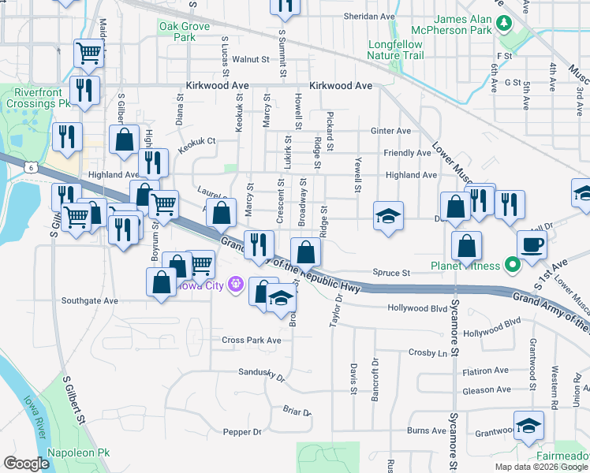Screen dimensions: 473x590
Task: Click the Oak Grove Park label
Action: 185,32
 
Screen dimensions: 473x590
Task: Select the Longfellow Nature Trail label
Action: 395,50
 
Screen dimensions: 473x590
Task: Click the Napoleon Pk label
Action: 79,454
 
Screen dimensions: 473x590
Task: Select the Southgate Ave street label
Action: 89,300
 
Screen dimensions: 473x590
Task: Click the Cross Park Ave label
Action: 251,340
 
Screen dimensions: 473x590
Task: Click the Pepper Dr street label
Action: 242,432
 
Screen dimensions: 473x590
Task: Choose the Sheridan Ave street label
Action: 371,16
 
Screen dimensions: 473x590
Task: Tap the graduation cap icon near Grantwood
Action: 528,426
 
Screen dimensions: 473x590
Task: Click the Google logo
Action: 26,463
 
